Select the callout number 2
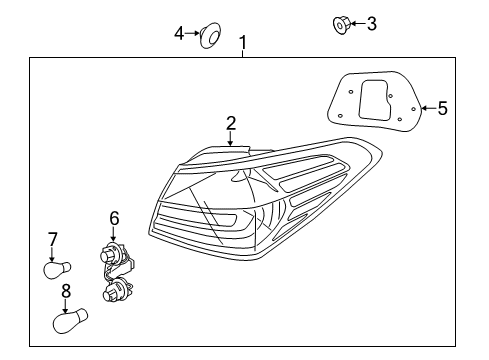(231, 123)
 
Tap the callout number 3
(371, 23)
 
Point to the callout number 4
(180, 34)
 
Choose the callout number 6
(114, 217)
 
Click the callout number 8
(66, 291)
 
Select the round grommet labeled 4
(211, 36)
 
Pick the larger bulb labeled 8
(70, 320)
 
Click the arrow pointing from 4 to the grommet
(194, 34)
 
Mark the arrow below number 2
(231, 140)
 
